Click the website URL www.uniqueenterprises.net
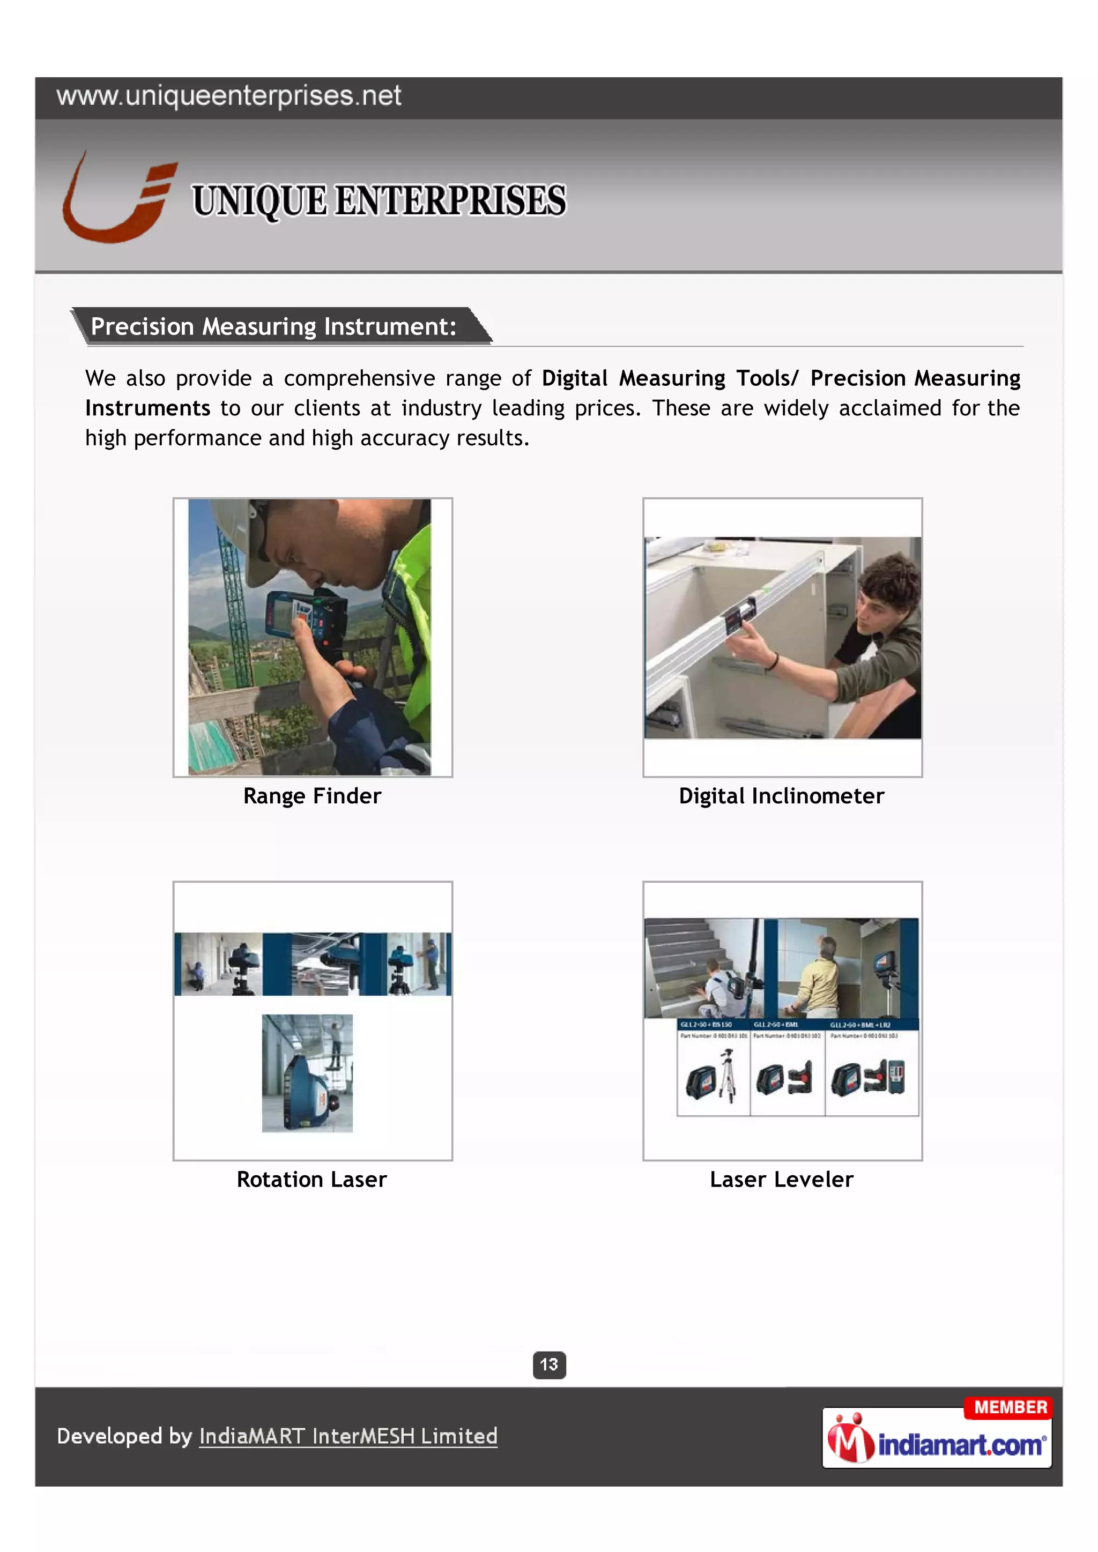click(x=228, y=96)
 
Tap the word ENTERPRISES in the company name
click(x=450, y=201)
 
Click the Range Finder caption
click(x=313, y=796)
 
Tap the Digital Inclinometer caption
click(x=782, y=796)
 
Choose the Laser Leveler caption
click(x=782, y=1179)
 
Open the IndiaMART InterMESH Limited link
click(x=348, y=1435)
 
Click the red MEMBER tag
click(x=1010, y=1407)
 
